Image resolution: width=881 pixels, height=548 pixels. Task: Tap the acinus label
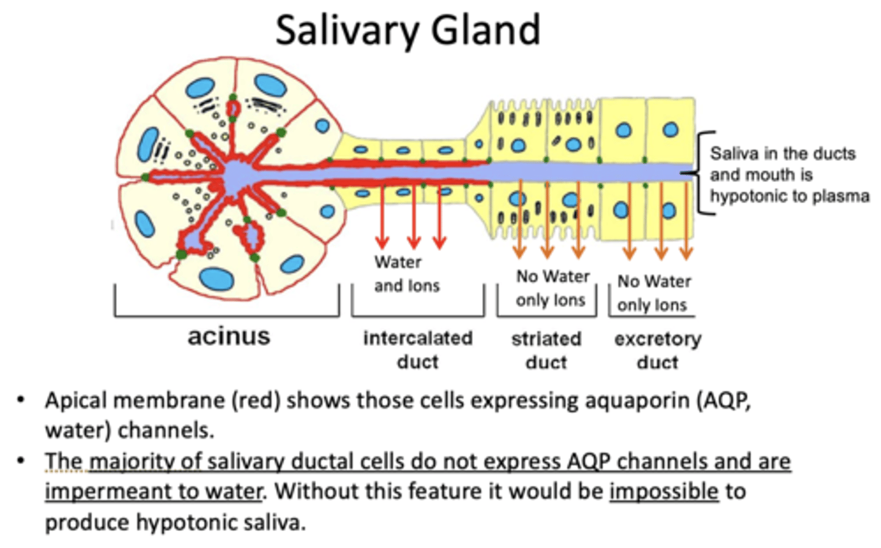coord(228,336)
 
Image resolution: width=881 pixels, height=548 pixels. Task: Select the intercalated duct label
coord(418,350)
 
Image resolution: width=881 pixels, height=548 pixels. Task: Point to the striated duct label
coord(546,350)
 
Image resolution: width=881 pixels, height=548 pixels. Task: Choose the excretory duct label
coord(658,350)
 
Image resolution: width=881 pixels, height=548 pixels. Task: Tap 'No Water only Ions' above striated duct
coord(552,288)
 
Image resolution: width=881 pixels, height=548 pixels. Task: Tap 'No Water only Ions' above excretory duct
coord(653,293)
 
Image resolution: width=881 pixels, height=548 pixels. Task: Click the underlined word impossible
coord(664,491)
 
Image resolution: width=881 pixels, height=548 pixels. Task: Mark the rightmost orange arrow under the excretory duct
coord(686,220)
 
